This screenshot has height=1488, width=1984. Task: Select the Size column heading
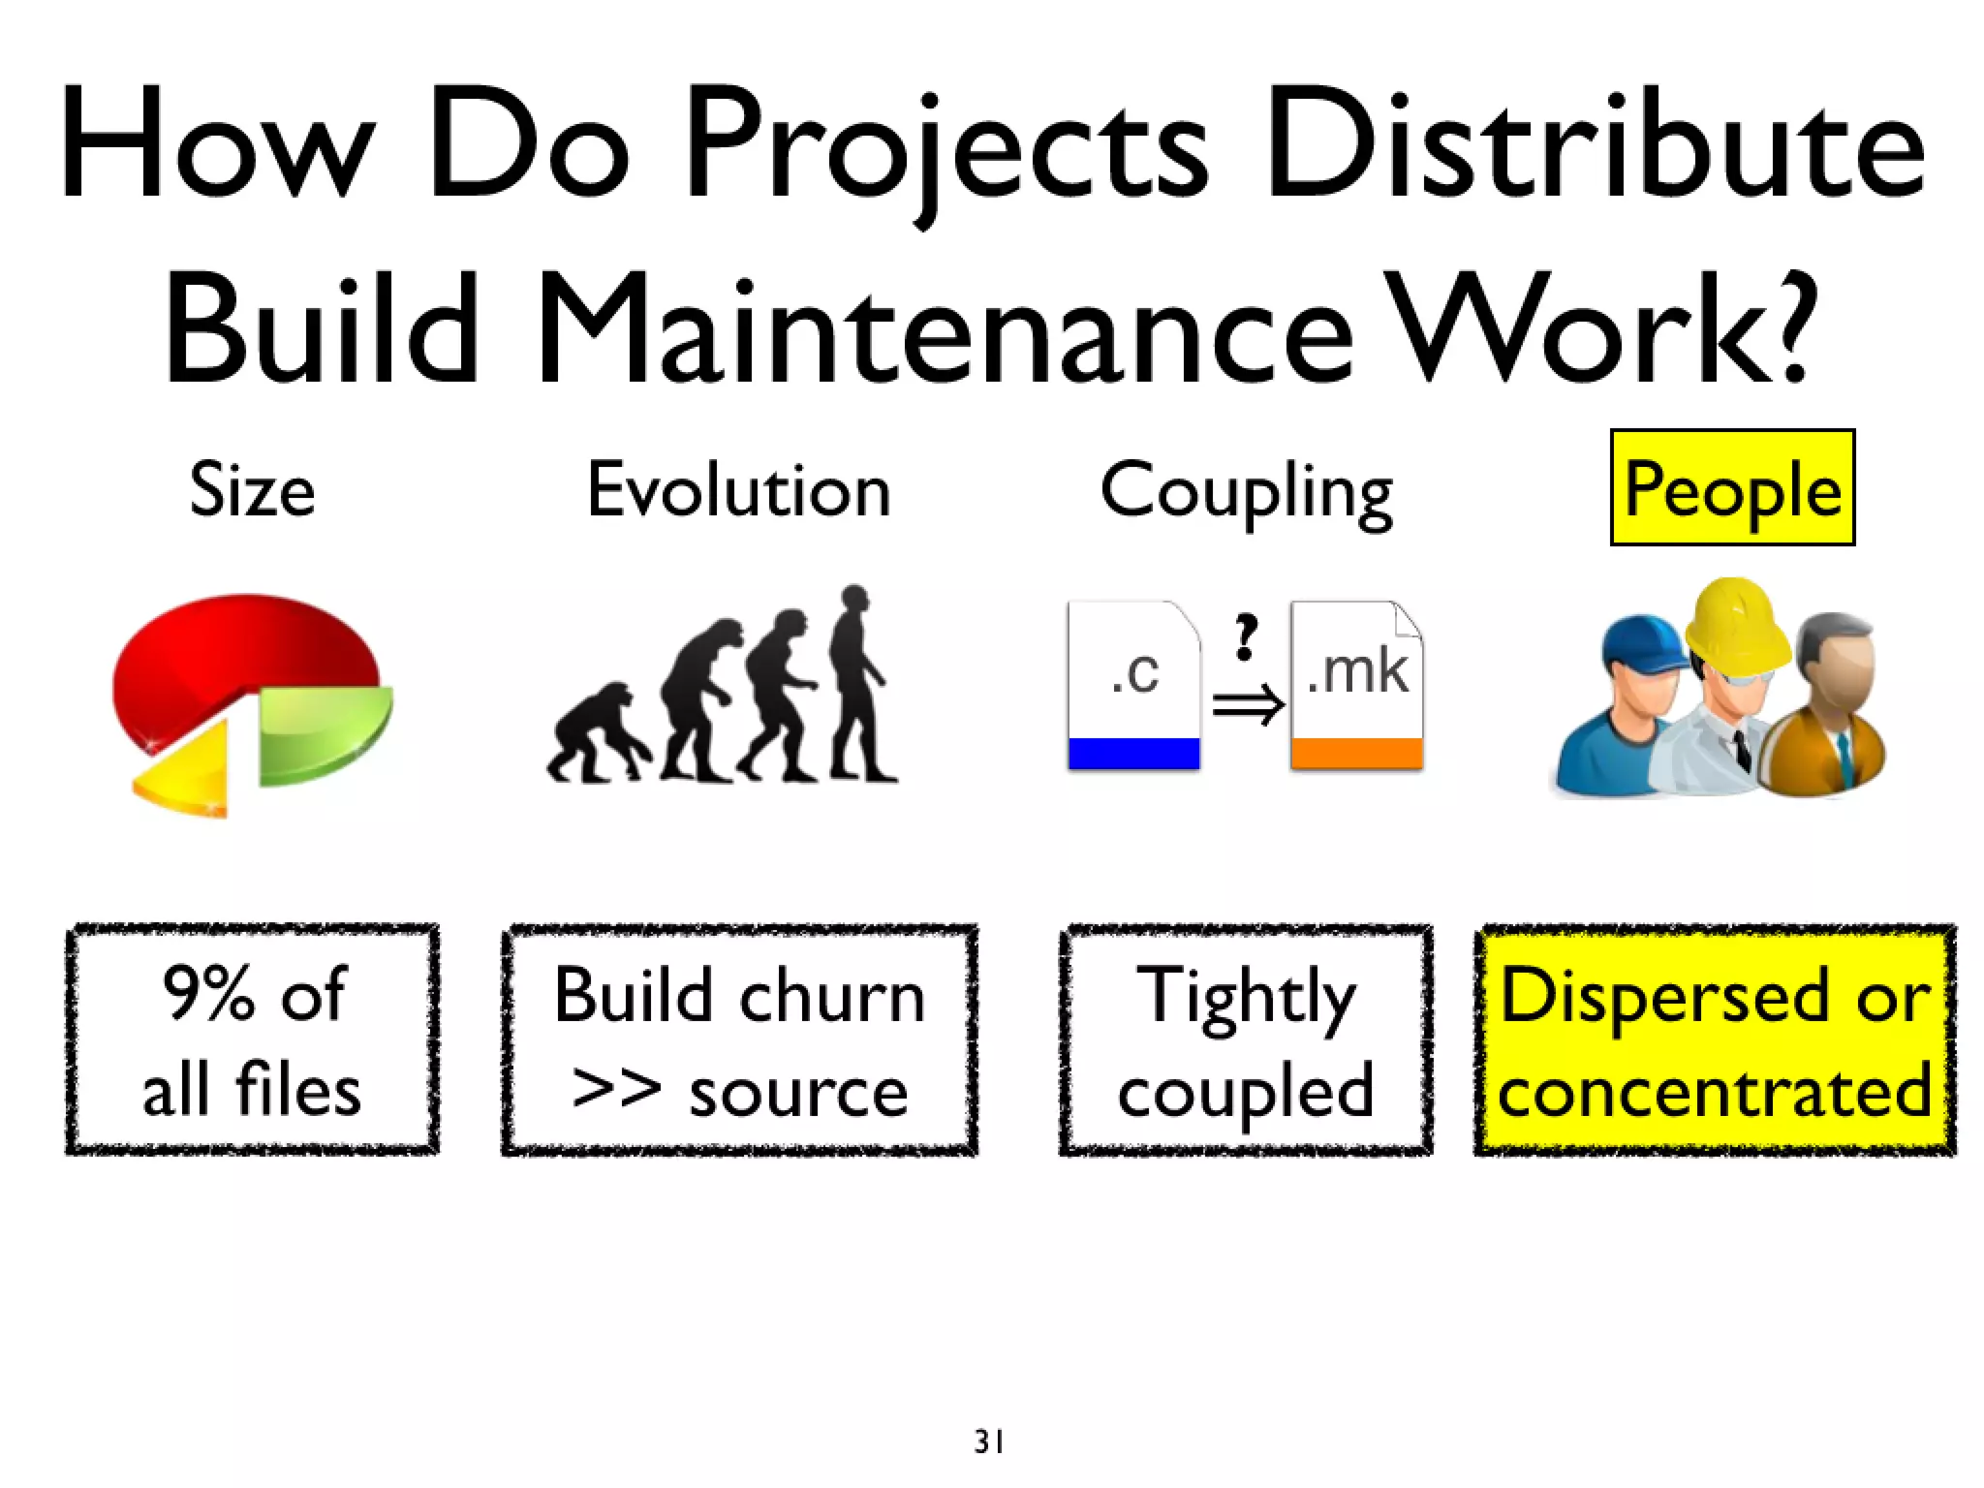(x=252, y=490)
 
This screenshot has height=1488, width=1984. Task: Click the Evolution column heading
(x=738, y=490)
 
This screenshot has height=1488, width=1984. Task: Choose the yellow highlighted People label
(x=1732, y=488)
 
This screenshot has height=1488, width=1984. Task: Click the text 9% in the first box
(x=208, y=994)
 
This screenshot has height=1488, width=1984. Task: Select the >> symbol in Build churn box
(x=616, y=1090)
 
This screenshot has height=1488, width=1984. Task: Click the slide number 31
(x=989, y=1441)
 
